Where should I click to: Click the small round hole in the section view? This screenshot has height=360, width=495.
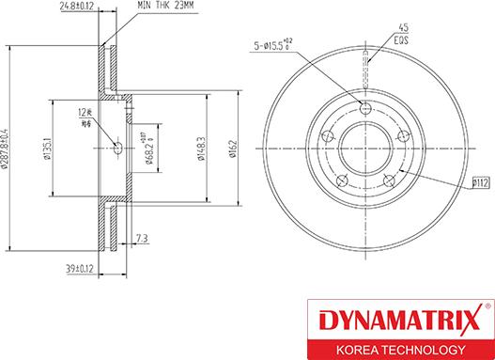(x=116, y=147)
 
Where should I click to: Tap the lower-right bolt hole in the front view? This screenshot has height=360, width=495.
(x=387, y=178)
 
